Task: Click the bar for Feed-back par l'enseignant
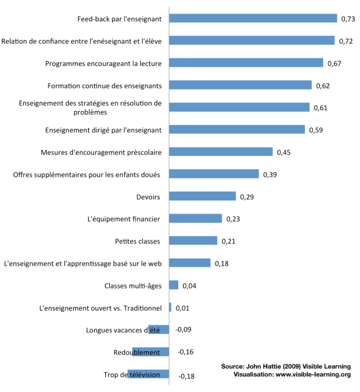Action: pos(253,18)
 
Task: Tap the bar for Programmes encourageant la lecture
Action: pos(246,63)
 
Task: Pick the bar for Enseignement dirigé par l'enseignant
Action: pos(237,129)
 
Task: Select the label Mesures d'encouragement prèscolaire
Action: pos(101,152)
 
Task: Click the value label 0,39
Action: pos(270,174)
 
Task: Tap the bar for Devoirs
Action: pos(202,196)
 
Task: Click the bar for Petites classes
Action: pos(193,240)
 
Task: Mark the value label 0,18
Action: pos(221,264)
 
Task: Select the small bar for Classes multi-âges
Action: pos(174,285)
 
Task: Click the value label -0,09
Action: pos(183,330)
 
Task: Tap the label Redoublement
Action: pos(137,352)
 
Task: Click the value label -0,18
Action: pos(185,376)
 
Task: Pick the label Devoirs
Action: pos(148,197)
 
